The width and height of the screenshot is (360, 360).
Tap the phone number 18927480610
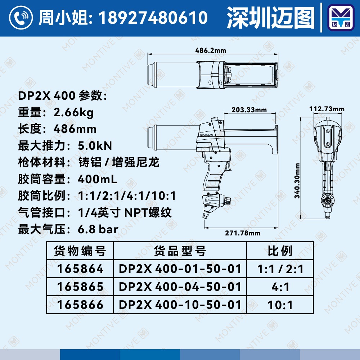tap(153, 17)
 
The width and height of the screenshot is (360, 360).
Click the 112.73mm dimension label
tap(327, 109)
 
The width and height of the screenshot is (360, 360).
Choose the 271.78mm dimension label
tap(242, 233)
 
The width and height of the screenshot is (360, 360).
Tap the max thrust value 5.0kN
tap(95, 146)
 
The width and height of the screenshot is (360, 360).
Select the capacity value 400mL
tap(98, 179)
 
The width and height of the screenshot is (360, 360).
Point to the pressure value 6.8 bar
tap(98, 229)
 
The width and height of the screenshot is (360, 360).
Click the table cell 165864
tap(80, 269)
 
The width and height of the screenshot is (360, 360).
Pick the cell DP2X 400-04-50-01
tap(180, 287)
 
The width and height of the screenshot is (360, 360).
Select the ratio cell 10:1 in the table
tap(280, 305)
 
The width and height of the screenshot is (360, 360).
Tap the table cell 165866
tap(80, 305)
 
